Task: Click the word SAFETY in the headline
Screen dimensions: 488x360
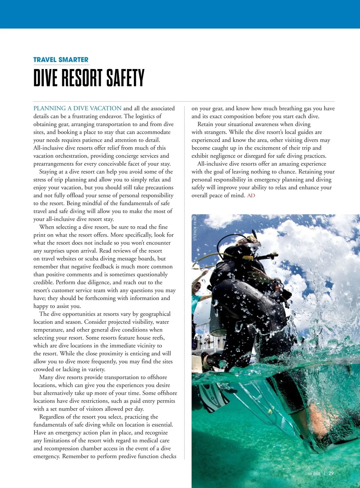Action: click(x=125, y=78)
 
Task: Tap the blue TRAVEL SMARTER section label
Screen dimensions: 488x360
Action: click(x=61, y=60)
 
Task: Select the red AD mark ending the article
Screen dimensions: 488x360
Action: click(x=251, y=196)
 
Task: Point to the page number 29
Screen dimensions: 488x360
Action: click(x=331, y=473)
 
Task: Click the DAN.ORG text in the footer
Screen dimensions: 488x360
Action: click(x=312, y=474)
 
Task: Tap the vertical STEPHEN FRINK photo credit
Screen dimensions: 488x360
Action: click(x=195, y=228)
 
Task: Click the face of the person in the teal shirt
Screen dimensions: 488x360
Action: click(x=197, y=286)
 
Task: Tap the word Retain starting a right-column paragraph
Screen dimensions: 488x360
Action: click(x=207, y=124)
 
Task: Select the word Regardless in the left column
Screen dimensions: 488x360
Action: click(x=52, y=417)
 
